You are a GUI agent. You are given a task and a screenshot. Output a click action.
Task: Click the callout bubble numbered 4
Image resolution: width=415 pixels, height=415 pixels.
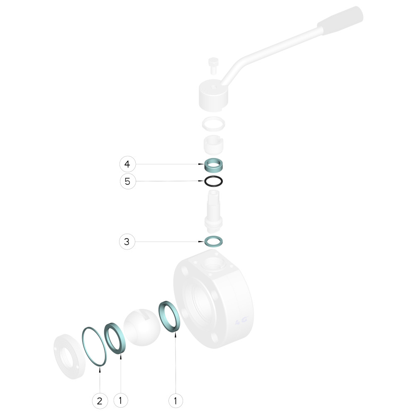coord(127,164)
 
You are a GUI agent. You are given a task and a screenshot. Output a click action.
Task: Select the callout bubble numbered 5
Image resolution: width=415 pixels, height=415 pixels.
coord(128,181)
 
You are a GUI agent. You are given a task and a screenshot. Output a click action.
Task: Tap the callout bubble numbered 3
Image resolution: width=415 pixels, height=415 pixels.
coord(127,242)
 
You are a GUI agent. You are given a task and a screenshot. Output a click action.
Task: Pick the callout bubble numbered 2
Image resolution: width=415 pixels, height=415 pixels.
coord(100,401)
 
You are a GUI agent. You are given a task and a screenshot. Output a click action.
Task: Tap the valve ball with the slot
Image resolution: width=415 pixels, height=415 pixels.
coord(142,327)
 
